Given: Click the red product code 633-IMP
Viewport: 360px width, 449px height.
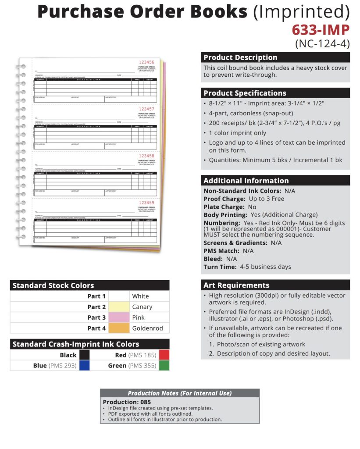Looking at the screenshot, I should pyautogui.click(x=321, y=30).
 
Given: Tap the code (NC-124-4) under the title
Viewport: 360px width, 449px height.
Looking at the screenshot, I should pyautogui.click(x=322, y=43).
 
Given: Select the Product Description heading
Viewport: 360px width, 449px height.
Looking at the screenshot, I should pyautogui.click(x=240, y=57).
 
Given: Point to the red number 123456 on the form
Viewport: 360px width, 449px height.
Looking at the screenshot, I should pyautogui.click(x=146, y=62).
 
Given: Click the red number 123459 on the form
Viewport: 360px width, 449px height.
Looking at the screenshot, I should pyautogui.click(x=146, y=203).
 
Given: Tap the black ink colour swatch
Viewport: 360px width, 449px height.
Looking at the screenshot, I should pyautogui.click(x=85, y=355).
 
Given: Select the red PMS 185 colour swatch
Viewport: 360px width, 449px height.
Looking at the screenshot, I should pyautogui.click(x=164, y=355).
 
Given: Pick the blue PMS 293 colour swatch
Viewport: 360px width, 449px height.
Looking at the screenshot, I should pyautogui.click(x=85, y=365).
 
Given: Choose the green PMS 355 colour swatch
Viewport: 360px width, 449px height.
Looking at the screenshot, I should pyautogui.click(x=164, y=365).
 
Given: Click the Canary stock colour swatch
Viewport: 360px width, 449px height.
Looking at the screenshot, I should pyautogui.click(x=119, y=307).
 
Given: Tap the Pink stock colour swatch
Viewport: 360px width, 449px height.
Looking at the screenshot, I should pyautogui.click(x=119, y=317).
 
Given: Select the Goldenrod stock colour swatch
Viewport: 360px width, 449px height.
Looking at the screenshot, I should pyautogui.click(x=119, y=328).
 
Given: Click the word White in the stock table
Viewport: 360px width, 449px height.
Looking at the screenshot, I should pyautogui.click(x=140, y=296).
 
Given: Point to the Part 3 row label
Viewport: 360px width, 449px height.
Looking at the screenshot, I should pyautogui.click(x=96, y=317).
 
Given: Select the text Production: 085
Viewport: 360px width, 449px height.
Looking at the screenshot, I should pyautogui.click(x=127, y=402).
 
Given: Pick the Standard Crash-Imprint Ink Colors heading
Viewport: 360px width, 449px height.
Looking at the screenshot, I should pyautogui.click(x=76, y=344).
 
